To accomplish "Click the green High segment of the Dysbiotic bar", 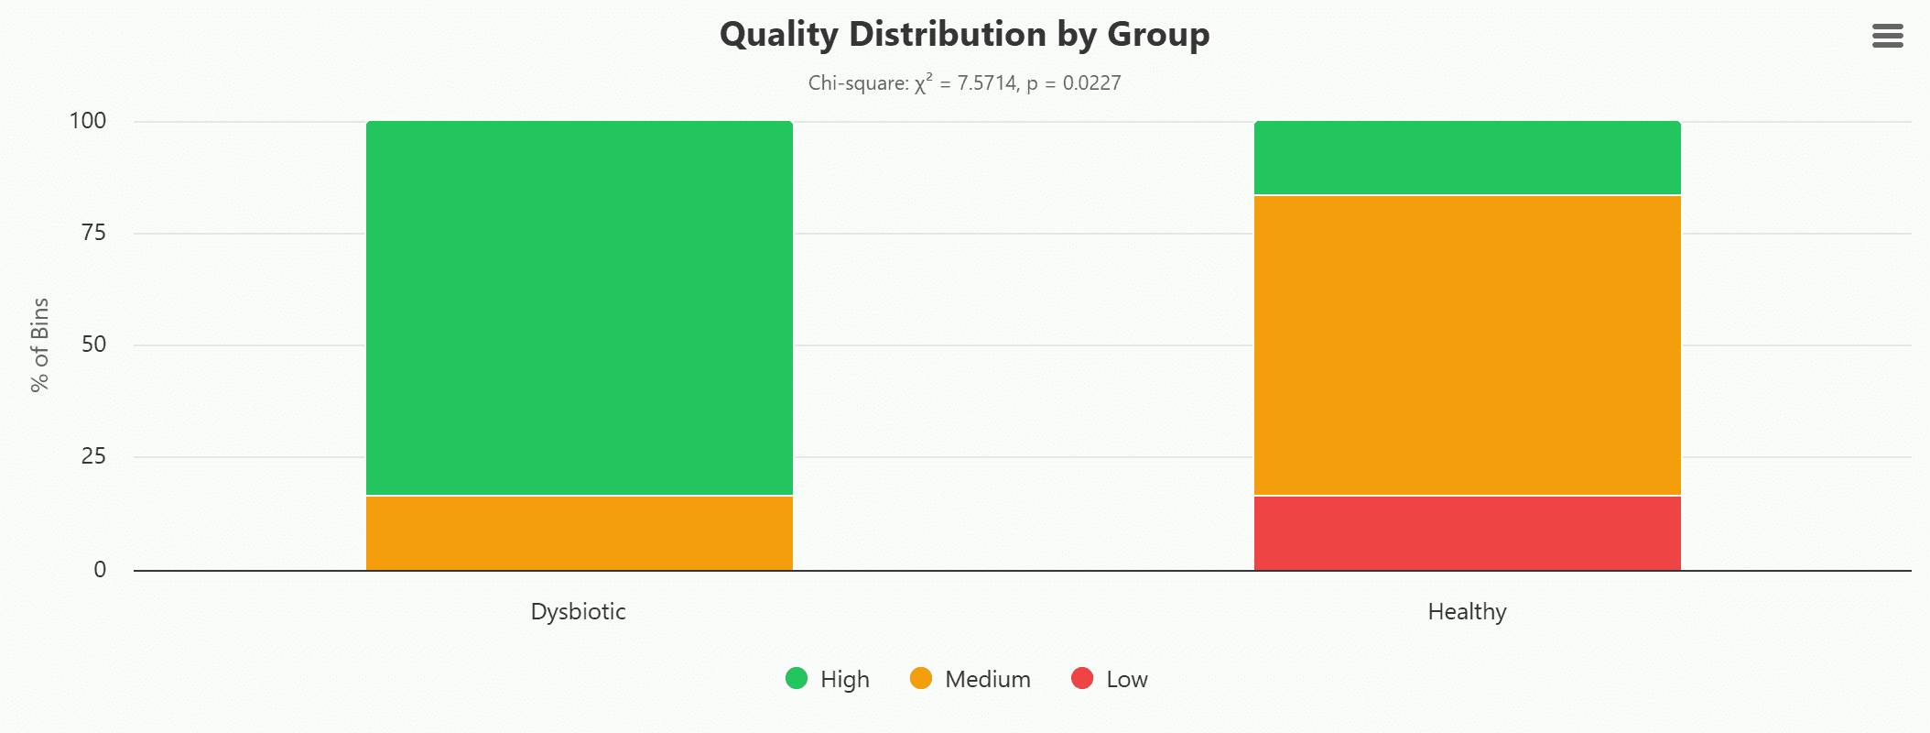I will (x=579, y=308).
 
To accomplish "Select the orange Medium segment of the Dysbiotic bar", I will (x=579, y=533).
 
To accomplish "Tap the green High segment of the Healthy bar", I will (x=1467, y=158).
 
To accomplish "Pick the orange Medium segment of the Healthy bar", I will (x=1467, y=345).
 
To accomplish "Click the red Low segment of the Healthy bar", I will (x=1467, y=533).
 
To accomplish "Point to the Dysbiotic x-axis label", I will (x=578, y=611).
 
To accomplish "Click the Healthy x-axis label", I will (x=1467, y=611).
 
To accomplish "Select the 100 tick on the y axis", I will (x=88, y=121).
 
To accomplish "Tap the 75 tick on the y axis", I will (x=93, y=233).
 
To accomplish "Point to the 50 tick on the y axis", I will (x=93, y=345).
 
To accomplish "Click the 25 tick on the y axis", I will (x=93, y=456).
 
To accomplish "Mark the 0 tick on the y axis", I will (x=100, y=569).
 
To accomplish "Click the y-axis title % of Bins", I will (x=39, y=345).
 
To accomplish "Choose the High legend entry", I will (x=828, y=679).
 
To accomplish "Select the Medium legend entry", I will (x=970, y=679).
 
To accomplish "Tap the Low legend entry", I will (x=1110, y=679).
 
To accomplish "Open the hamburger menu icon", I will (x=1887, y=36).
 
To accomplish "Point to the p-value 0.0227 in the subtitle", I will (x=1091, y=83).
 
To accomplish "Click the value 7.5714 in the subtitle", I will (x=987, y=83).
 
